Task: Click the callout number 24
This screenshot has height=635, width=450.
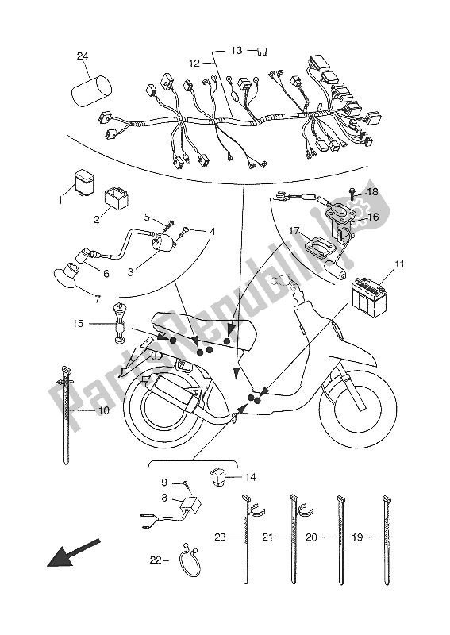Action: pyautogui.click(x=83, y=56)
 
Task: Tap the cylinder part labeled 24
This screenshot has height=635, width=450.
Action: pyautogui.click(x=90, y=90)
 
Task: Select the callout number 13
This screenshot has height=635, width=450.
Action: pyautogui.click(x=237, y=51)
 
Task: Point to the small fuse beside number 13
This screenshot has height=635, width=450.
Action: pyautogui.click(x=264, y=51)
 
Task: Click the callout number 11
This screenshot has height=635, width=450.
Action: pyautogui.click(x=399, y=265)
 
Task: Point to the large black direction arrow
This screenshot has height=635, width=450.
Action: pyautogui.click(x=73, y=553)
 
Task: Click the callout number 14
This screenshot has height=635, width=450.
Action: pyautogui.click(x=250, y=477)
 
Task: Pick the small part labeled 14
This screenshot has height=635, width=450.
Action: pyautogui.click(x=219, y=477)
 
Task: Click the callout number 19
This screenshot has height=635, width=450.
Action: pyautogui.click(x=357, y=537)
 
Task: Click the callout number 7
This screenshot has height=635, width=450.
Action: pyautogui.click(x=97, y=300)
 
